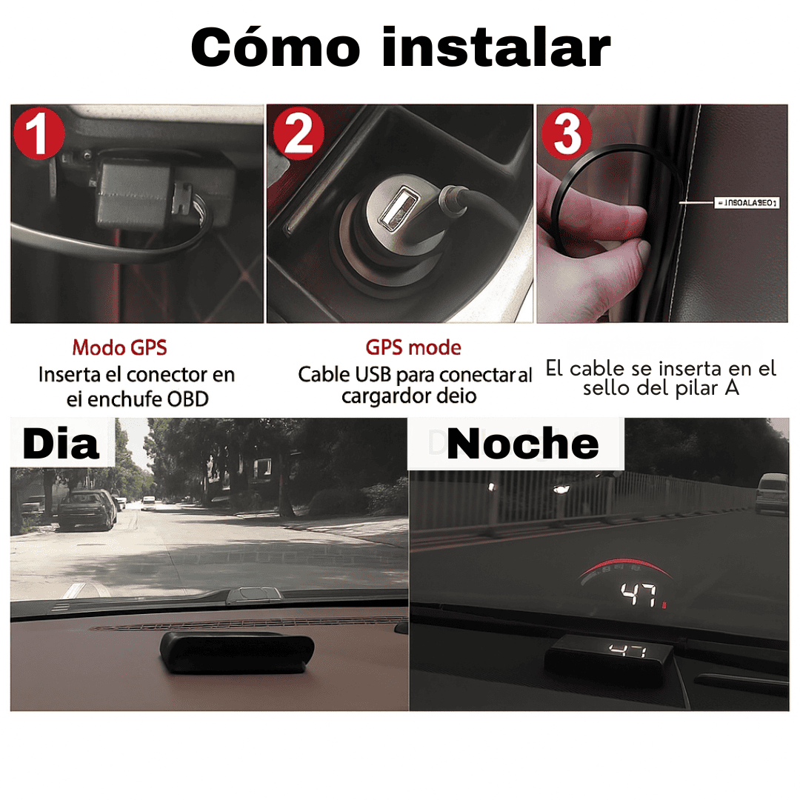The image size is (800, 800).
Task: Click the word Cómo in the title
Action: pyautogui.click(x=275, y=48)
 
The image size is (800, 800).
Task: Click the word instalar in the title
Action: pyautogui.click(x=496, y=48)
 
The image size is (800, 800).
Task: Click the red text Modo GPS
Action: pyautogui.click(x=119, y=347)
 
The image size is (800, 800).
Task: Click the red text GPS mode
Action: pyautogui.click(x=413, y=347)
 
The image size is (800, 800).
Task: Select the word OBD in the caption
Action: pyautogui.click(x=188, y=399)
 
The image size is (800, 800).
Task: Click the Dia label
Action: pyautogui.click(x=61, y=444)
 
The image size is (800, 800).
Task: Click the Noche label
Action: pyautogui.click(x=523, y=444)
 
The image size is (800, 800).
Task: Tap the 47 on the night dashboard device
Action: pyautogui.click(x=626, y=651)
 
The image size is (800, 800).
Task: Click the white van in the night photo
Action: pyautogui.click(x=772, y=494)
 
